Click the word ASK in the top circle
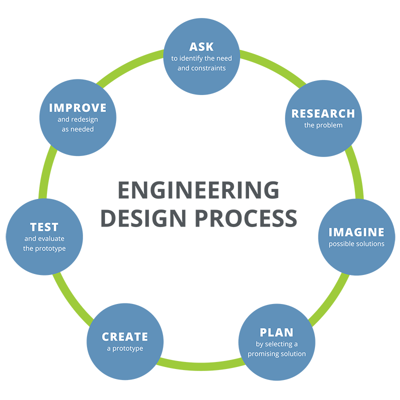pos(201,47)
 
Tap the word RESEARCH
pos(323,113)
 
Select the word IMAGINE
pos(356,232)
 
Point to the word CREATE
pos(125,336)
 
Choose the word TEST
pos(44,227)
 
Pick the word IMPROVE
pos(77,108)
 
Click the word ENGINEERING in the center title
pos(198,190)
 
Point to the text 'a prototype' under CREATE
pos(125,348)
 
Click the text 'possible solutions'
pos(356,244)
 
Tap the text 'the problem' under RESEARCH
pos(323,125)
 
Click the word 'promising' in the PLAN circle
pos(267,354)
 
